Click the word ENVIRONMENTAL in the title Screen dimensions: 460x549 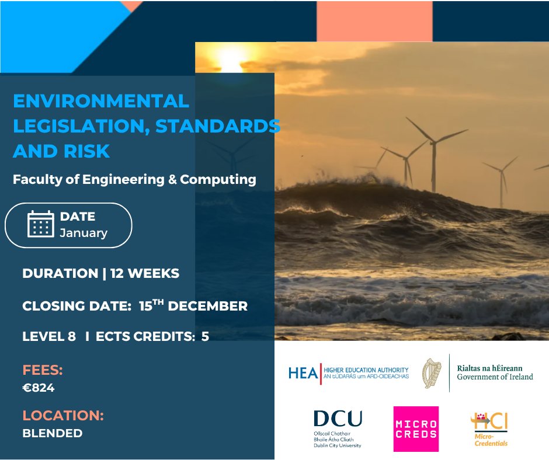(101, 100)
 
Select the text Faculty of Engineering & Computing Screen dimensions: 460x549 (134, 179)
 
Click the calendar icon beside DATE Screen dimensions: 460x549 (41, 224)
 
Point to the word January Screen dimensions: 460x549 (84, 233)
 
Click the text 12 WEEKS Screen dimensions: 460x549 (144, 273)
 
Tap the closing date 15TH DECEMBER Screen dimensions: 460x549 (193, 305)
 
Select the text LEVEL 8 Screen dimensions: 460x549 (49, 336)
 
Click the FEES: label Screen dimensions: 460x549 (43, 370)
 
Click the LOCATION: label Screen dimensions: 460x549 (63, 416)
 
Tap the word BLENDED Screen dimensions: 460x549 (53, 433)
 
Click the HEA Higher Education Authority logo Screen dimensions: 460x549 (348, 373)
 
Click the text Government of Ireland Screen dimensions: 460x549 (495, 377)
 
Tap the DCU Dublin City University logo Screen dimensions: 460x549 (338, 428)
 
